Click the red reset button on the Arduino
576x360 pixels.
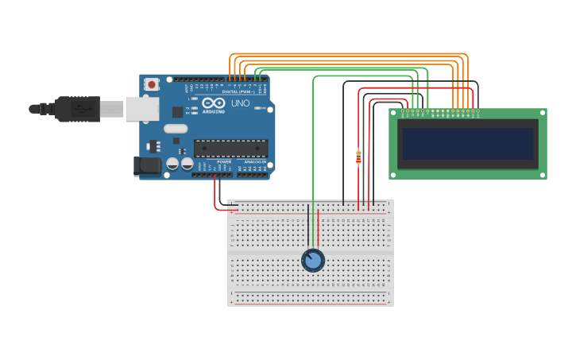tap(151, 83)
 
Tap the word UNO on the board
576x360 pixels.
tap(240, 103)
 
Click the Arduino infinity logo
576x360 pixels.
tap(213, 103)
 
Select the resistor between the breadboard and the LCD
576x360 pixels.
tap(358, 157)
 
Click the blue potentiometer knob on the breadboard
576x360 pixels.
tap(313, 260)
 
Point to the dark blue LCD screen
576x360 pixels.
tap(468, 144)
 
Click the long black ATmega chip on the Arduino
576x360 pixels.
tap(230, 148)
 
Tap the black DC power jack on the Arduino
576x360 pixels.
tap(148, 166)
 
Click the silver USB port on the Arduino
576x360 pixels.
tap(141, 109)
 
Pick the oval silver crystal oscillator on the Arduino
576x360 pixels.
tap(176, 128)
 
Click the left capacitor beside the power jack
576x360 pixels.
tap(172, 164)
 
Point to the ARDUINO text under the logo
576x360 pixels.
tap(213, 111)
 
